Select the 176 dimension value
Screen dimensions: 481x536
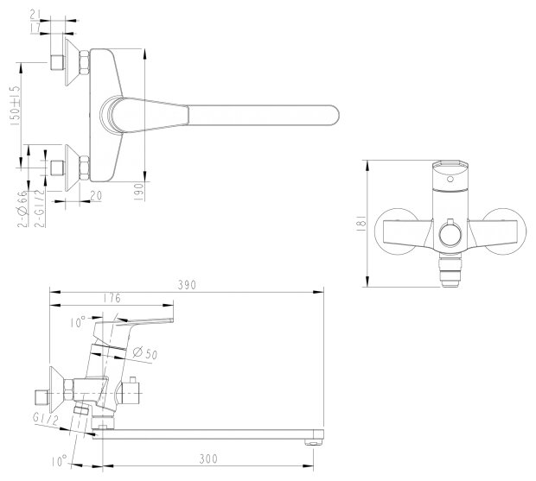click(111, 299)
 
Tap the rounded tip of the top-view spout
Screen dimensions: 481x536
click(335, 115)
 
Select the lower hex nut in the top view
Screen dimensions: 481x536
click(86, 166)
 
